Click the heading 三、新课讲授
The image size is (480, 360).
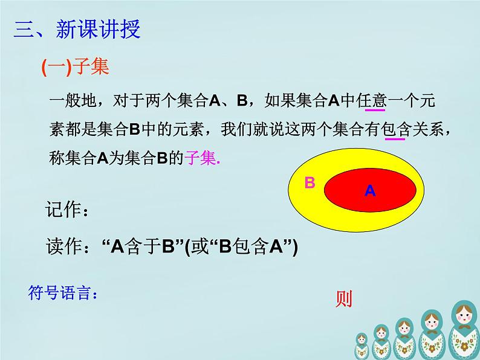click(77, 30)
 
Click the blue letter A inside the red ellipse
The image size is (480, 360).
click(370, 191)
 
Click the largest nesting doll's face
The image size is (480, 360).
click(462, 314)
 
